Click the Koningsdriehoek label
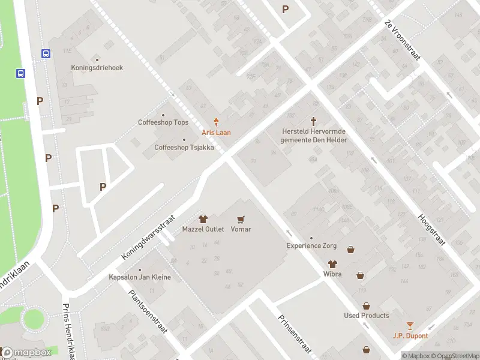97,68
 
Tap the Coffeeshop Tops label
163,122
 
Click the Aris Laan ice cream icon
217,122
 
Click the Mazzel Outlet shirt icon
203,220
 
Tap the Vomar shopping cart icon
241,220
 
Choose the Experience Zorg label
311,245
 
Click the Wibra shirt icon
332,264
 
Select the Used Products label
366,316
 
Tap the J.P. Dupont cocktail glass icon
410,326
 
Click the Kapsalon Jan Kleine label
140,277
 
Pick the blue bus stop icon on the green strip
21,74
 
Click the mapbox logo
26,352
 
